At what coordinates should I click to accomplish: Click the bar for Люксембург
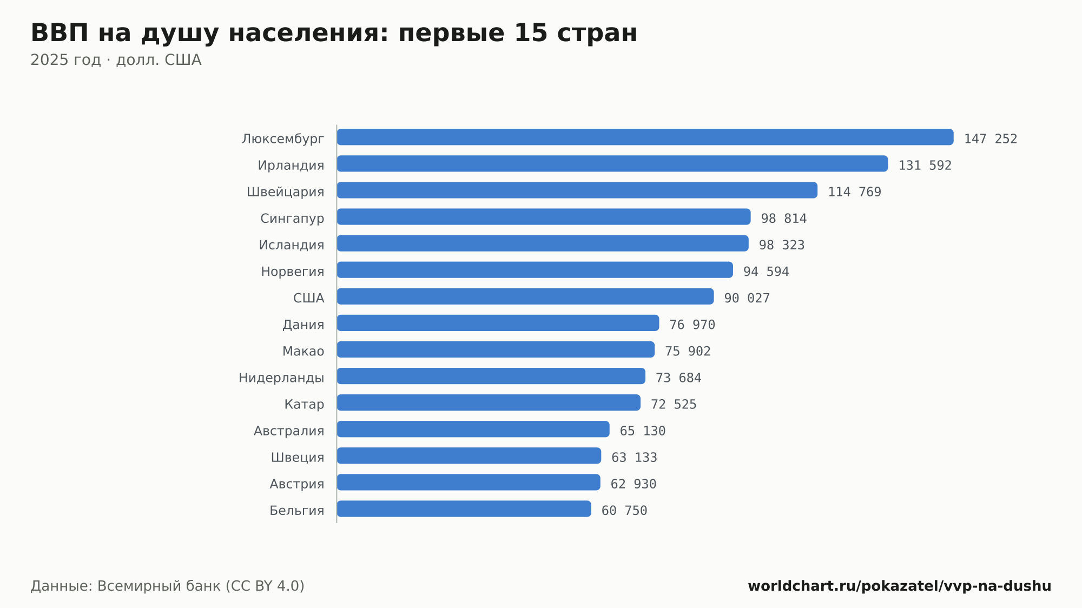point(645,137)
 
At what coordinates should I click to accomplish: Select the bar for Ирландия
point(612,163)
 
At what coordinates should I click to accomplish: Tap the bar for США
point(525,296)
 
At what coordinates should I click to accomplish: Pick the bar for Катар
point(489,402)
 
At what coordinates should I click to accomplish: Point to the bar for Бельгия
point(464,508)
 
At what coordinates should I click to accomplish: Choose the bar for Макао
point(496,349)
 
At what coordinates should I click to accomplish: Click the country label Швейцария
point(286,192)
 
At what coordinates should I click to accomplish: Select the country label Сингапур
point(292,219)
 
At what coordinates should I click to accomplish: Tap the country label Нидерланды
point(281,378)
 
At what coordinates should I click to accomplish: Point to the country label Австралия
point(289,431)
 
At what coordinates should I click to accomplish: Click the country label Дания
point(304,325)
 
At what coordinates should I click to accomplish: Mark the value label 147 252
point(991,139)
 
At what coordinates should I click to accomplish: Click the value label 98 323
point(782,245)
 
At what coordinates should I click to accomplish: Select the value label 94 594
point(766,272)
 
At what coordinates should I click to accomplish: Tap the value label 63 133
point(634,458)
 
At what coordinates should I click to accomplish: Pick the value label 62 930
point(634,484)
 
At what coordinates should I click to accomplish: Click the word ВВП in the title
point(60,33)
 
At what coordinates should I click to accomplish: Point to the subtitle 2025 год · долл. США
point(116,60)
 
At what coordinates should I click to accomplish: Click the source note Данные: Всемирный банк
point(126,586)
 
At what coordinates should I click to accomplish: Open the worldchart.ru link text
point(899,586)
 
